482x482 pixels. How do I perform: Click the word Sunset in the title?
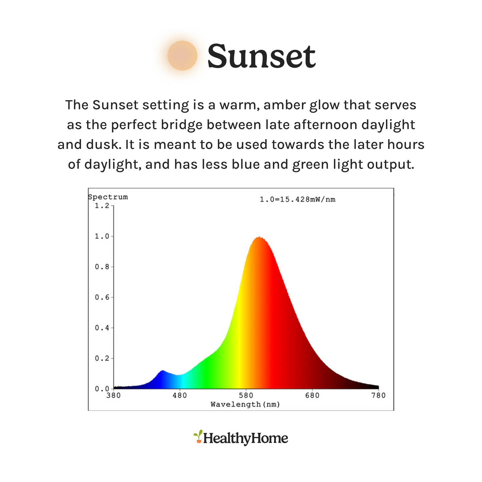coord(262,56)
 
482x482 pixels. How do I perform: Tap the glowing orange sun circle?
coord(182,55)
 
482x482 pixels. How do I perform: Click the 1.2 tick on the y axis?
coord(102,206)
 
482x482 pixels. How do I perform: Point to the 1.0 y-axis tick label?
coord(102,236)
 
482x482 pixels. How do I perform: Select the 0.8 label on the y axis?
coord(102,267)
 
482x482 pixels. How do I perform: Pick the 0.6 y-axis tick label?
coord(102,298)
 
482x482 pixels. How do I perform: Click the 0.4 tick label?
coord(102,328)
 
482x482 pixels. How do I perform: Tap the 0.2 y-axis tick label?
coord(102,359)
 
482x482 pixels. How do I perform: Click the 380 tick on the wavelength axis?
coord(113,396)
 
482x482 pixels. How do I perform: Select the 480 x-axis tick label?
coord(179,396)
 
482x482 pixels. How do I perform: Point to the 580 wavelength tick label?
coord(246,396)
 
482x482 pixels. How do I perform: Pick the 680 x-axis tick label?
coord(312,396)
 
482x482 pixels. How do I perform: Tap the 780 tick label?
coord(379,396)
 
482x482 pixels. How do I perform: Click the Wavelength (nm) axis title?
coord(245,405)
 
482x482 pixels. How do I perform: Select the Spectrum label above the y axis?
coord(108,197)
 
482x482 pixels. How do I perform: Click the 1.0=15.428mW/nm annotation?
coord(298,199)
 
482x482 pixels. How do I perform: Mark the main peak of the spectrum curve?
coord(260,237)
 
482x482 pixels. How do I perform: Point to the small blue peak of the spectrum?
coord(163,371)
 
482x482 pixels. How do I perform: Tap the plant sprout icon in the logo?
coord(198,436)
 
